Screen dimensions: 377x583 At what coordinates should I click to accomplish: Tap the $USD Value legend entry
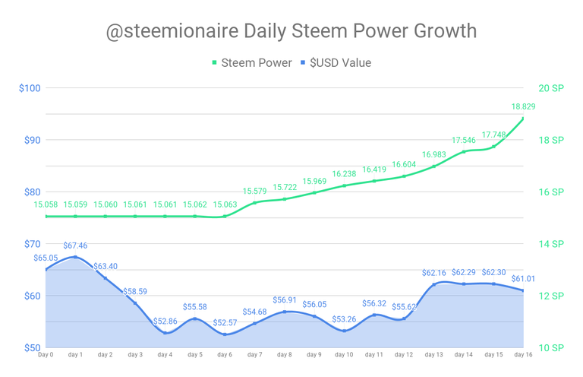click(x=340, y=63)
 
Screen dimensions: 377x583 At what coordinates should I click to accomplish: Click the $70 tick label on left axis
click(x=31, y=243)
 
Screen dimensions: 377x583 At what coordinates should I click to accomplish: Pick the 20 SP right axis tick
click(x=551, y=87)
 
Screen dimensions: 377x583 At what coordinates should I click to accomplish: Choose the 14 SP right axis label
click(x=551, y=243)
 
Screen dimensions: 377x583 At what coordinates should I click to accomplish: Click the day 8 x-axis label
click(x=285, y=355)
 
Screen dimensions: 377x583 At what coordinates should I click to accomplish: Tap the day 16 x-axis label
click(x=524, y=355)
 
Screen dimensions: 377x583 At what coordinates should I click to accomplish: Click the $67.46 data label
click(x=74, y=246)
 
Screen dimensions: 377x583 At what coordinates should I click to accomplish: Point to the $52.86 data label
click(x=165, y=322)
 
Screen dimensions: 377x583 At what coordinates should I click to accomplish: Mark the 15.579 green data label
click(x=255, y=191)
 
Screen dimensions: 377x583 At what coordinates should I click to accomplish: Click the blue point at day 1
click(x=75, y=257)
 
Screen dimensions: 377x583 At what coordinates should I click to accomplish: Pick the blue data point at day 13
click(x=434, y=284)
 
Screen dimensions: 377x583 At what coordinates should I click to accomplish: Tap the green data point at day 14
click(x=464, y=152)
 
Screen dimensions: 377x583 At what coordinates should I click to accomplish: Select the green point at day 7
click(x=255, y=202)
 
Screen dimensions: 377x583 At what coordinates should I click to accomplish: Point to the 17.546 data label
click(x=464, y=141)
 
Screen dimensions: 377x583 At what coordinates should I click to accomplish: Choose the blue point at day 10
click(x=345, y=331)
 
